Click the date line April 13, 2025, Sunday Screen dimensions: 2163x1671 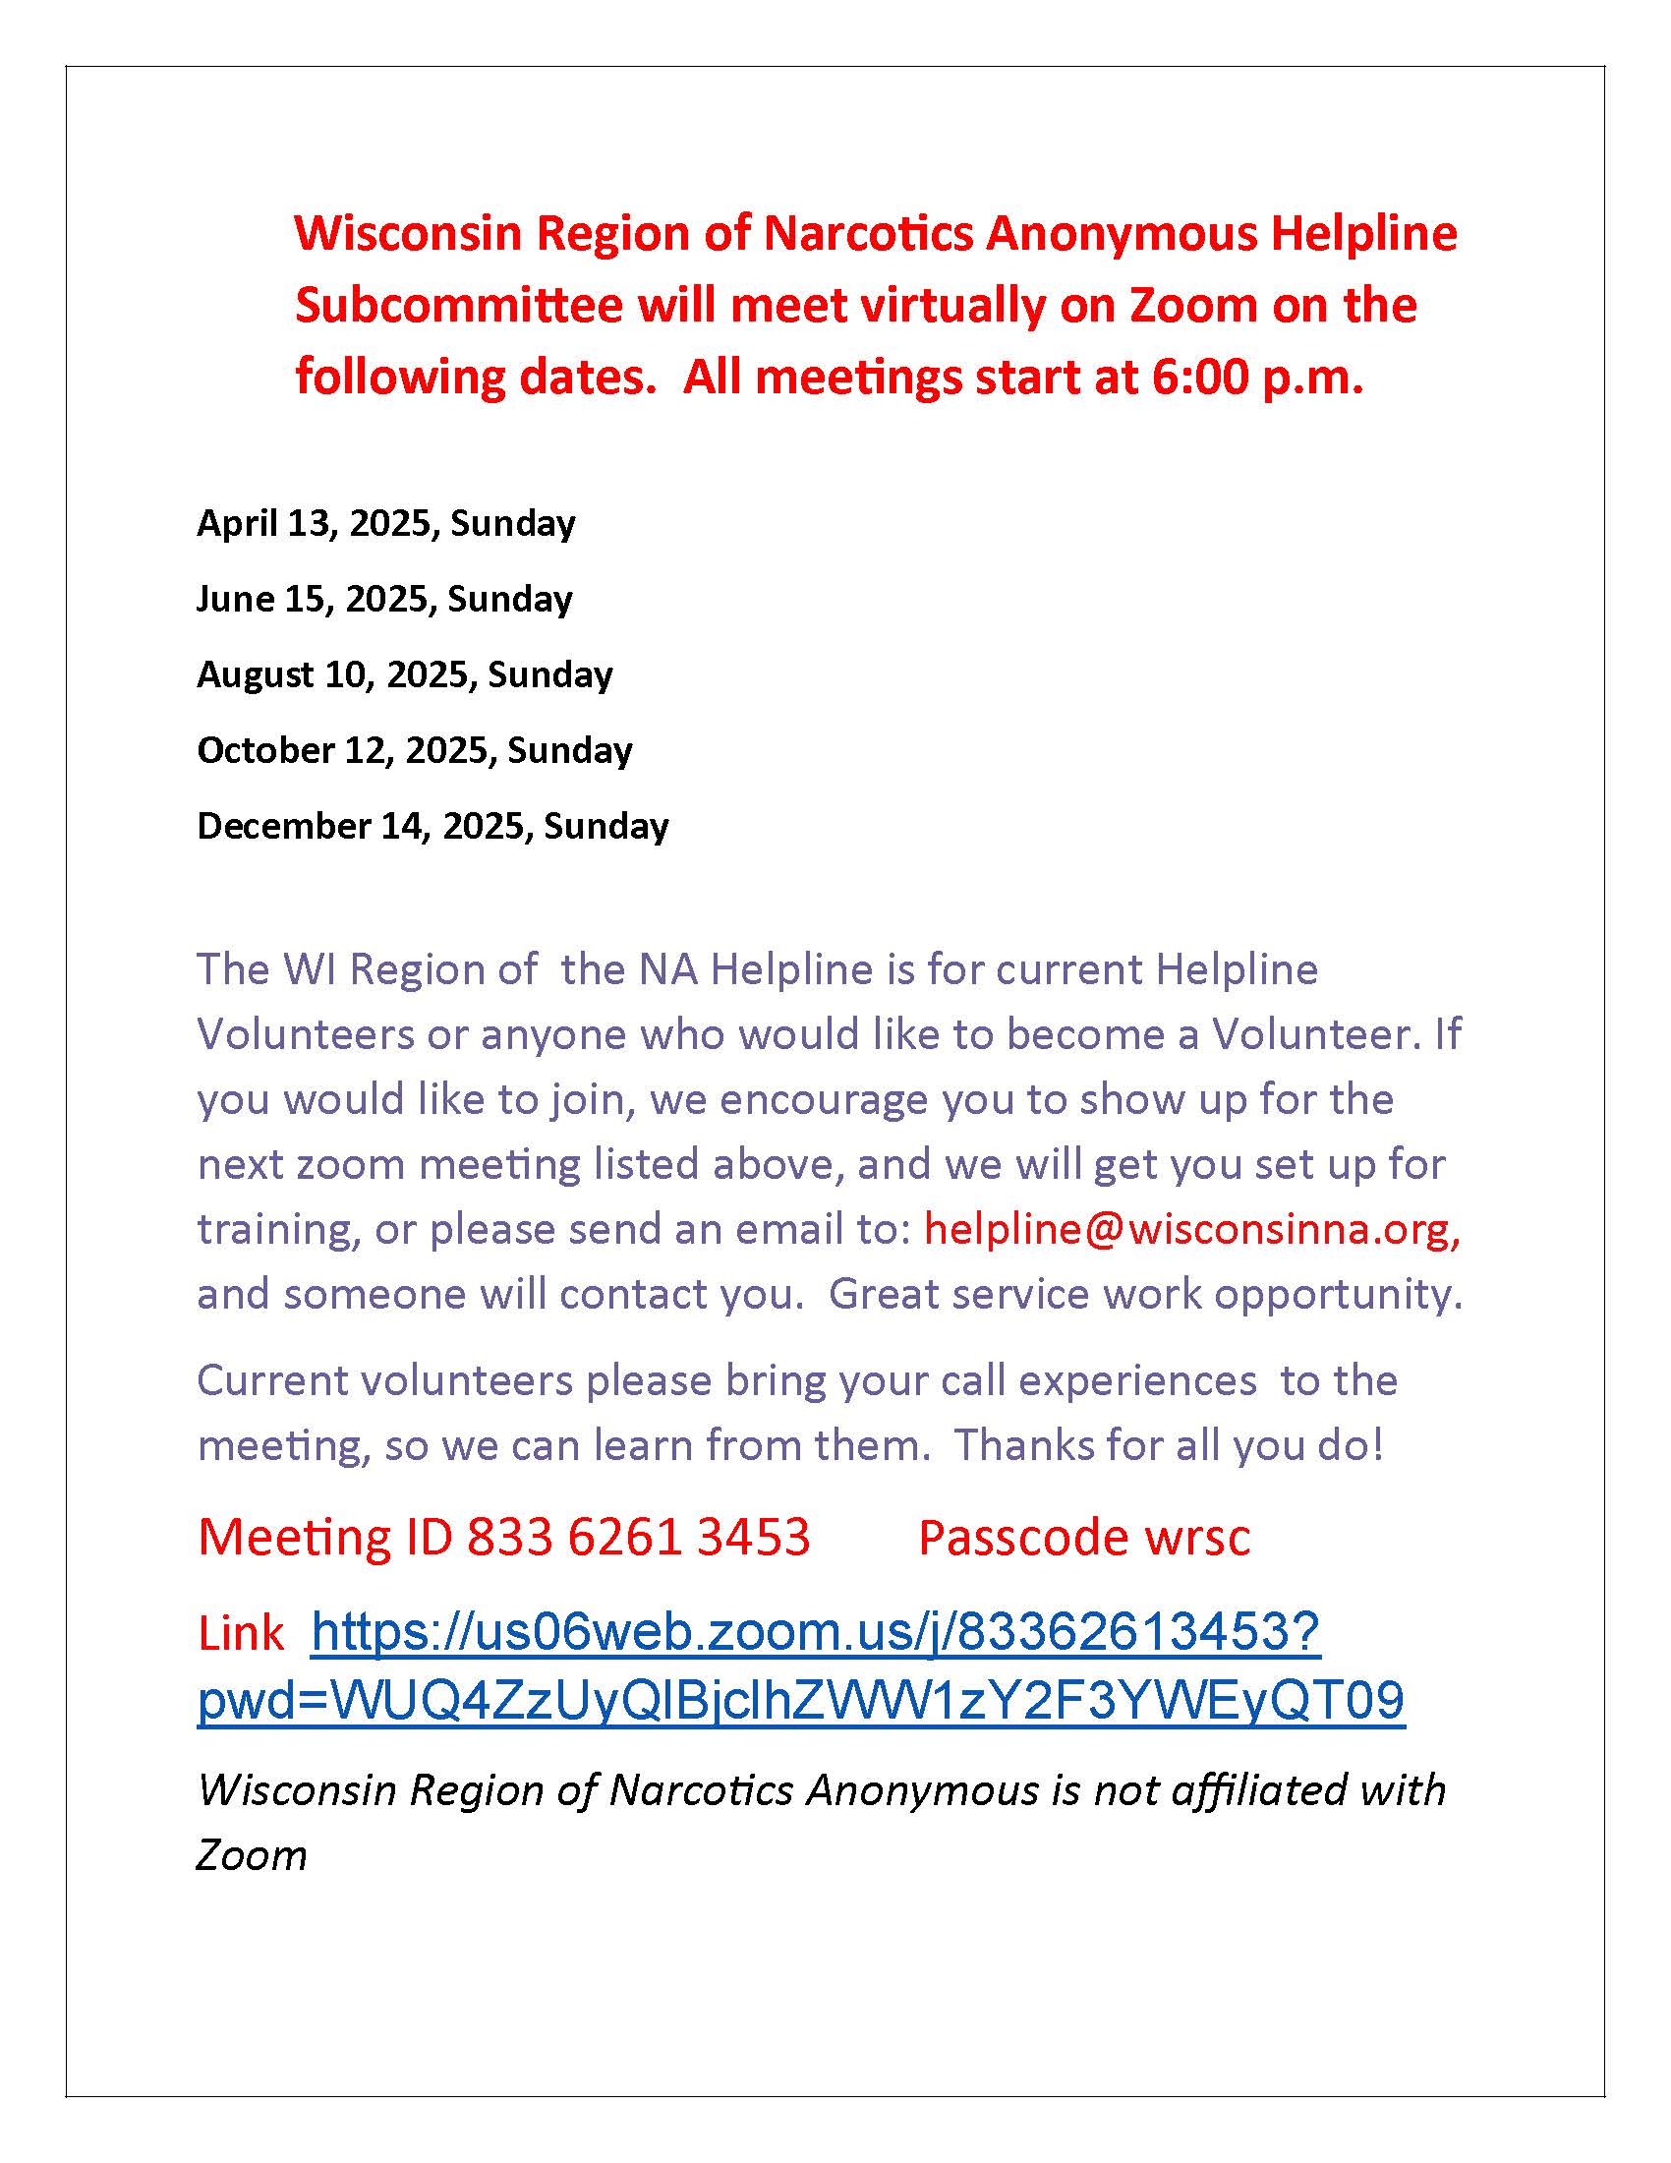[386, 523]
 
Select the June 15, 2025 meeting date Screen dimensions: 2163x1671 [384, 598]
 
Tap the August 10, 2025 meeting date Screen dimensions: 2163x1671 [405, 674]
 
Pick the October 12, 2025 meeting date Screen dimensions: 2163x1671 [415, 750]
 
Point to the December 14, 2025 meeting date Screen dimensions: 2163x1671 [432, 826]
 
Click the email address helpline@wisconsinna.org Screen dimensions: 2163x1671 [1191, 1229]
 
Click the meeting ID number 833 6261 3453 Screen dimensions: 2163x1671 [639, 1537]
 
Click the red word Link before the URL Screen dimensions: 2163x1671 [241, 1633]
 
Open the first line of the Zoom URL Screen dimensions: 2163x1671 [816, 1631]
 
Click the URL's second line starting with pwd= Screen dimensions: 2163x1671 [801, 1700]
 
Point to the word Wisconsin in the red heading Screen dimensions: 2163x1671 [408, 234]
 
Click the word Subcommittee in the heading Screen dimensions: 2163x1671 [458, 305]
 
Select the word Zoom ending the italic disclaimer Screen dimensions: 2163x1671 [252, 1855]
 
